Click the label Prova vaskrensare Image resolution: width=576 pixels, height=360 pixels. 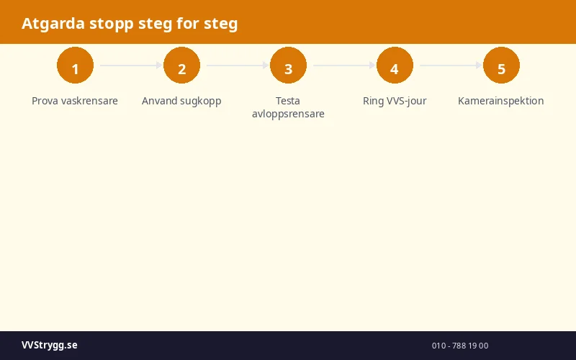click(x=75, y=101)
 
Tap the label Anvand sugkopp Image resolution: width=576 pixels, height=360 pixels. click(x=181, y=101)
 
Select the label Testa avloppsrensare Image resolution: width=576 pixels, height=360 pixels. click(x=288, y=107)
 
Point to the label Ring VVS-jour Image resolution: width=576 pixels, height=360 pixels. click(x=395, y=101)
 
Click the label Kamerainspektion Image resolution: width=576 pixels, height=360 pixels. click(x=501, y=101)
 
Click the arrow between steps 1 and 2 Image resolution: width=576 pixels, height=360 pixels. click(x=130, y=66)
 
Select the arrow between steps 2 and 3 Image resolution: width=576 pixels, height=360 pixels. click(x=237, y=66)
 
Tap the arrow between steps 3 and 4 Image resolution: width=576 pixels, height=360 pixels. click(x=343, y=66)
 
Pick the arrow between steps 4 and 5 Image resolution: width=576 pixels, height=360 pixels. click(x=450, y=66)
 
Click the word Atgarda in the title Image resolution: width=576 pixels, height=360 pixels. click(x=53, y=24)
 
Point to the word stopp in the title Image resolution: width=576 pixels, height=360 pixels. click(x=111, y=24)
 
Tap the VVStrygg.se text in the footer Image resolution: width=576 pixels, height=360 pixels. click(x=49, y=346)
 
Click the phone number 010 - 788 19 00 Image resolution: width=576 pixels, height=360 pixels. click(x=460, y=346)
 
